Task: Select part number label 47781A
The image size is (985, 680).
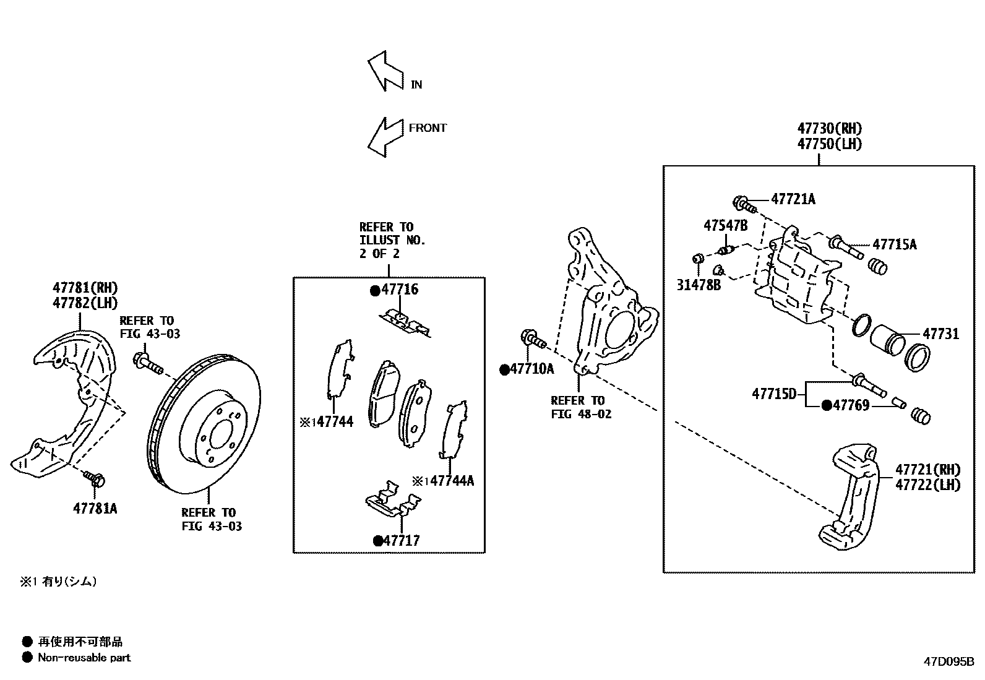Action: point(95,509)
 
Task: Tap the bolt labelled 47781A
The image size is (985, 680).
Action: point(95,478)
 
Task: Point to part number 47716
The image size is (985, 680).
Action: point(400,290)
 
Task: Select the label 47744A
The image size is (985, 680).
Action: point(452,481)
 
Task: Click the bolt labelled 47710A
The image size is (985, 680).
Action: point(532,339)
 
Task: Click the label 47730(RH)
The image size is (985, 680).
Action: point(829,129)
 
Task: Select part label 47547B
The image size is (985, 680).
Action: point(725,225)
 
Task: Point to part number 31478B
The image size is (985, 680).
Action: point(698,285)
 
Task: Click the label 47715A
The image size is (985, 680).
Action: point(894,244)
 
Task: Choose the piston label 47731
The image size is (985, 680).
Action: point(940,334)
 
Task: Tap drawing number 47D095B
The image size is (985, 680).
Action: point(949,661)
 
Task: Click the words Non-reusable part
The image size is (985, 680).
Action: point(84,658)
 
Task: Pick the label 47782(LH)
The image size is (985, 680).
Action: point(85,303)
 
